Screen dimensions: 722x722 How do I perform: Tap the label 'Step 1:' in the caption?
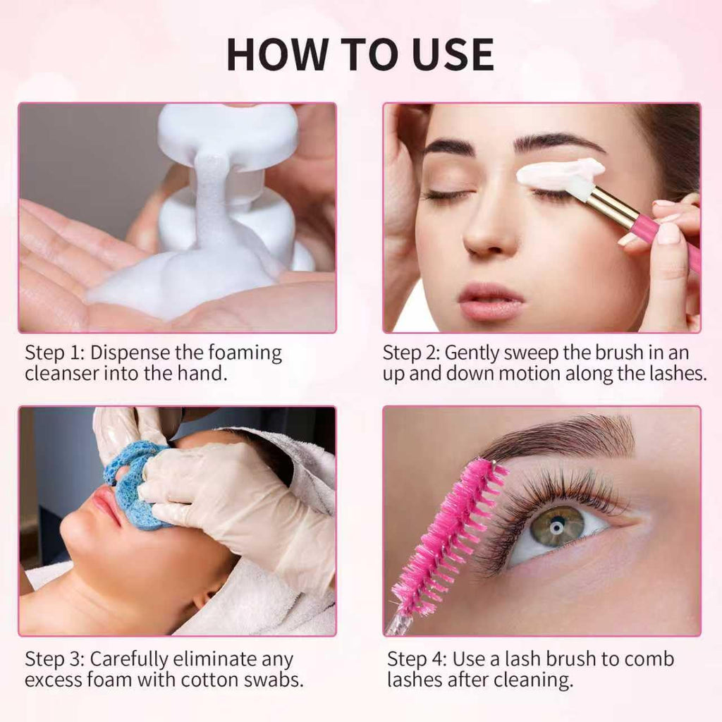tap(54, 353)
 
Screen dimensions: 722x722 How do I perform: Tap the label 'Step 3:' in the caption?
tap(54, 659)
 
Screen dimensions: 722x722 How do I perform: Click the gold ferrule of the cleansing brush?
tap(611, 204)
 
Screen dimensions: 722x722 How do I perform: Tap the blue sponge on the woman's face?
tap(134, 487)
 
